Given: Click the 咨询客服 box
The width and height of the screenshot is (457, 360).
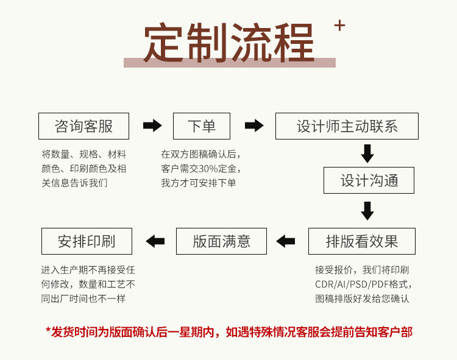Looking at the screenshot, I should pyautogui.click(x=83, y=126).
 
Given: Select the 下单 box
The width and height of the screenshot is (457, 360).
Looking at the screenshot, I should pyautogui.click(x=202, y=126).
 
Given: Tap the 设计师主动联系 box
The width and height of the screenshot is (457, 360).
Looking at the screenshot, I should pyautogui.click(x=347, y=126).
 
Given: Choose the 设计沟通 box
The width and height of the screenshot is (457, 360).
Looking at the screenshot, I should pyautogui.click(x=369, y=180).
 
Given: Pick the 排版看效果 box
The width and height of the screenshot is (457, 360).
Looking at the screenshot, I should pyautogui.click(x=361, y=241).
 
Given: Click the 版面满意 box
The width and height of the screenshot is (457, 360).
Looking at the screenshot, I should pyautogui.click(x=221, y=241).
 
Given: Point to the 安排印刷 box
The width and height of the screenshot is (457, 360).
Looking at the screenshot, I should pyautogui.click(x=87, y=241).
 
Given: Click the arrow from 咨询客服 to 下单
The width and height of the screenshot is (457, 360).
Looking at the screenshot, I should pyautogui.click(x=152, y=126).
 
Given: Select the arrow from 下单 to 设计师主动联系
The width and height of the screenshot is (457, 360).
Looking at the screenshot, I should pyautogui.click(x=254, y=126).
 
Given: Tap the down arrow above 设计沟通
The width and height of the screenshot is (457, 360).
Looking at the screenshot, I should pyautogui.click(x=367, y=154).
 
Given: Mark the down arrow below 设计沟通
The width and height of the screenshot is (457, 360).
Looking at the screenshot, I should pyautogui.click(x=367, y=211).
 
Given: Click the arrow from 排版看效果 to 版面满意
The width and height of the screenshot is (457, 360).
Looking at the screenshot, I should pyautogui.click(x=286, y=241).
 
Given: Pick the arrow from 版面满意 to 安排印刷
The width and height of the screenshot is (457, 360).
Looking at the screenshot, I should pyautogui.click(x=155, y=241).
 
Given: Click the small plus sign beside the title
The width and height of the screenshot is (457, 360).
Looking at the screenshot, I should pyautogui.click(x=339, y=25).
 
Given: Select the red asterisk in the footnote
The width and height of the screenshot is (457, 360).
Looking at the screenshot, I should pyautogui.click(x=48, y=331).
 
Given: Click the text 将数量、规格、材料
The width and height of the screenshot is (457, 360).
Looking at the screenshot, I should pyautogui.click(x=83, y=154).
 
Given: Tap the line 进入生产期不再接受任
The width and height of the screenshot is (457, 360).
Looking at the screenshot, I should pyautogui.click(x=88, y=270).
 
